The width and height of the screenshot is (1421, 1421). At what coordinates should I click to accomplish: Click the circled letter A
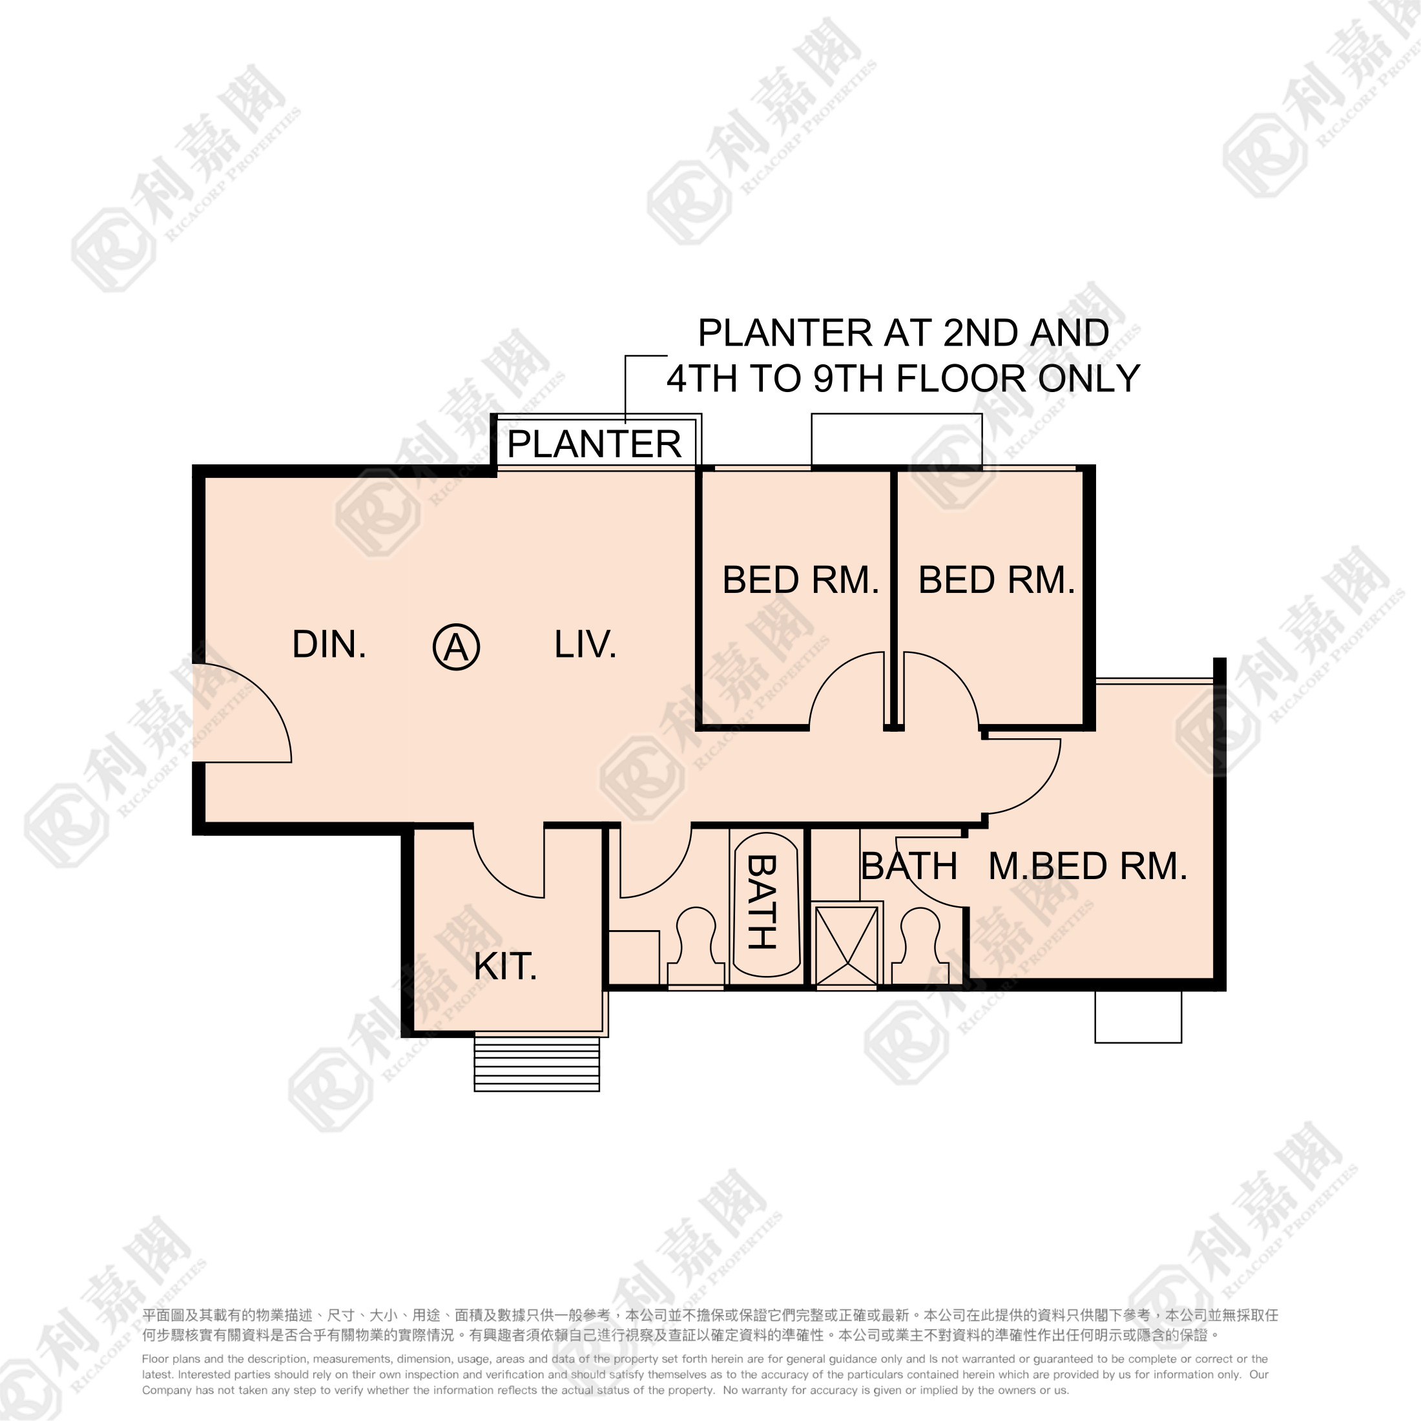(456, 647)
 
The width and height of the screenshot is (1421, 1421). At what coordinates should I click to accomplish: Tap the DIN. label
(329, 645)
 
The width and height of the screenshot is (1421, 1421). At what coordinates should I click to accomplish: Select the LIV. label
(585, 645)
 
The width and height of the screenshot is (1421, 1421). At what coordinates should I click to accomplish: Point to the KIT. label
(505, 966)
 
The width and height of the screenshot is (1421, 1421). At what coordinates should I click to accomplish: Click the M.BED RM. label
(1088, 866)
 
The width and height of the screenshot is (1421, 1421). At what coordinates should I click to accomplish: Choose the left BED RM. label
(801, 579)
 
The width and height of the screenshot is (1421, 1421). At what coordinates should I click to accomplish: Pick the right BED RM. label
(997, 579)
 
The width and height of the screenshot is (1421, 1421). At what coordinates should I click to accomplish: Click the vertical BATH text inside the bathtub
(762, 902)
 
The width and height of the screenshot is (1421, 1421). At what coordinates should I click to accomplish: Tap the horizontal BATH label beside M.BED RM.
(909, 866)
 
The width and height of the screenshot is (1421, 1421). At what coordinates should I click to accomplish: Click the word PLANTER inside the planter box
(594, 444)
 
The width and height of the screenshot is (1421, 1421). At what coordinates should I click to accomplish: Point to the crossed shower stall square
(847, 947)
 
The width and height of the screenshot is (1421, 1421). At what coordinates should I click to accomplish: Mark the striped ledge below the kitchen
(537, 1064)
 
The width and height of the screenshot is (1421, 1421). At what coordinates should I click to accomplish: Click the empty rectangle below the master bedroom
(1138, 1017)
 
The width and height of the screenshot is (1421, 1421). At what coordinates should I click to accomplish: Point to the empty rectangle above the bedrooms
(897, 440)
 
